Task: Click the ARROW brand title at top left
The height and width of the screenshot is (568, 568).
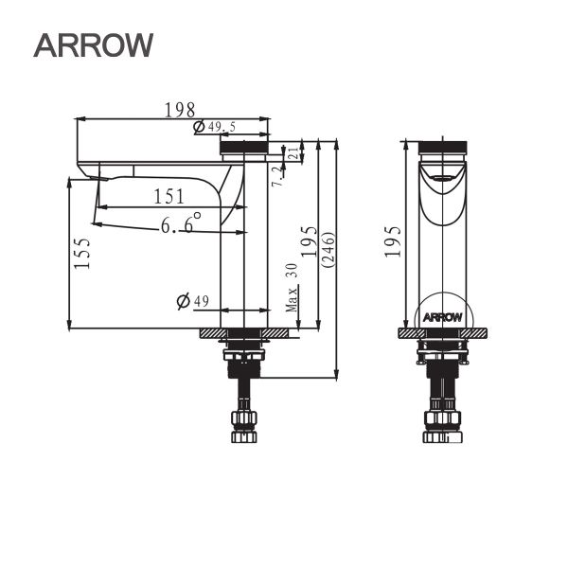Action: (93, 44)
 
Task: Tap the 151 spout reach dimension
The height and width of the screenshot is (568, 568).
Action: (169, 196)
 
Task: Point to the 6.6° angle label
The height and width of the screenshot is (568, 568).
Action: (180, 224)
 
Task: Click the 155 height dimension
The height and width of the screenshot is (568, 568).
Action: (83, 254)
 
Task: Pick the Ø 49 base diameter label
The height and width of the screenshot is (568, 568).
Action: (193, 301)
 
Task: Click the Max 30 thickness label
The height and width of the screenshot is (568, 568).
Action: (293, 288)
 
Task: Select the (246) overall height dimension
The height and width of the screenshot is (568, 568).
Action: (328, 252)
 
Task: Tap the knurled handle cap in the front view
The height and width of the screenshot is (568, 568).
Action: (244, 146)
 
